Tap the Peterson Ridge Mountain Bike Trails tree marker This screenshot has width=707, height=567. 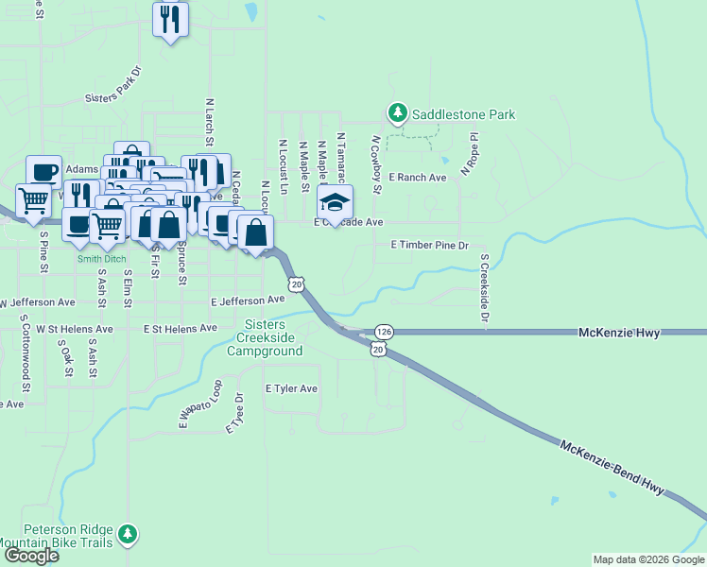point(128,536)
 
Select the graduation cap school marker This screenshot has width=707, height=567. point(334,201)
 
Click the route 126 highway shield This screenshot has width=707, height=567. point(383,332)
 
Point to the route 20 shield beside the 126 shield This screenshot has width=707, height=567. point(378,350)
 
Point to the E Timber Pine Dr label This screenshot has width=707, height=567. point(430,246)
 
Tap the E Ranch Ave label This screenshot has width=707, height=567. point(422,178)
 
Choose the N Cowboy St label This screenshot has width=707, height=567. point(376,164)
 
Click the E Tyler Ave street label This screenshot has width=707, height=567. point(291,388)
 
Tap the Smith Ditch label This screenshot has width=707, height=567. point(101,258)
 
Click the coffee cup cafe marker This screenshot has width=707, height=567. point(43,171)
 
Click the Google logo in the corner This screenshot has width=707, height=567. point(31,556)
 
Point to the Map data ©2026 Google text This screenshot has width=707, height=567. point(647,559)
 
